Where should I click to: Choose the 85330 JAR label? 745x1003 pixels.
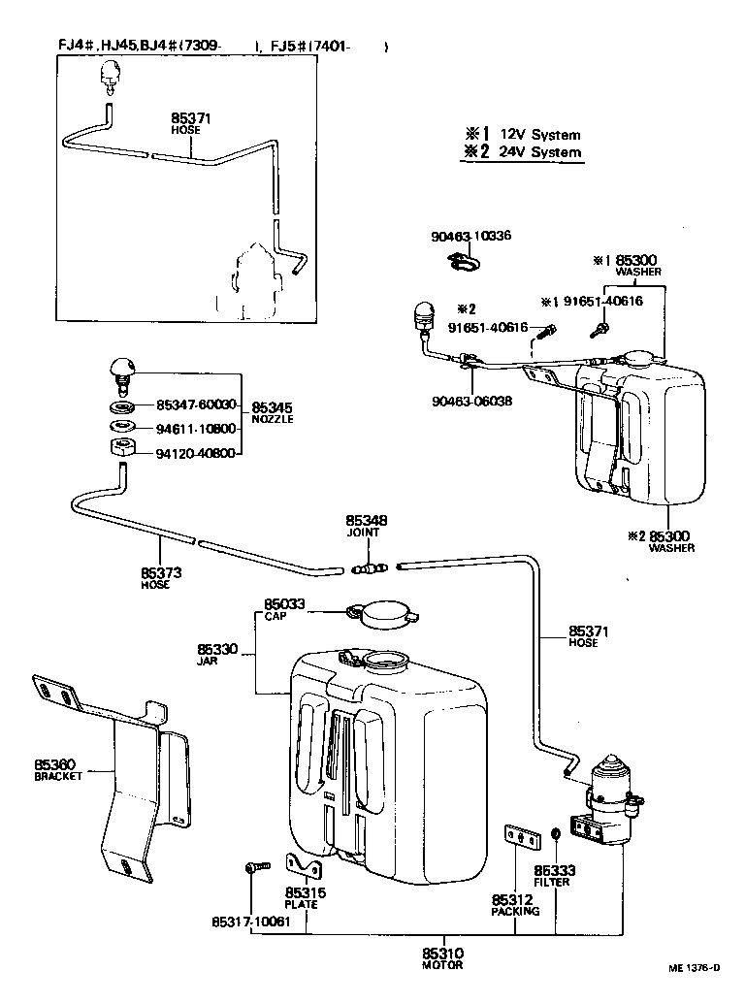[216, 653]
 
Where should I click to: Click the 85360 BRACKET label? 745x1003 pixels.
[59, 769]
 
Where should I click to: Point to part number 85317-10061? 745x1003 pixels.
[250, 922]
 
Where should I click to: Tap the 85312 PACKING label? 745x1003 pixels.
[513, 905]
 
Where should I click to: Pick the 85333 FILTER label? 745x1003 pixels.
[553, 876]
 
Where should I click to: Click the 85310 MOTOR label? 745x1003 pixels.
[441, 958]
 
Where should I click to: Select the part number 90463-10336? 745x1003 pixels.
[471, 236]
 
